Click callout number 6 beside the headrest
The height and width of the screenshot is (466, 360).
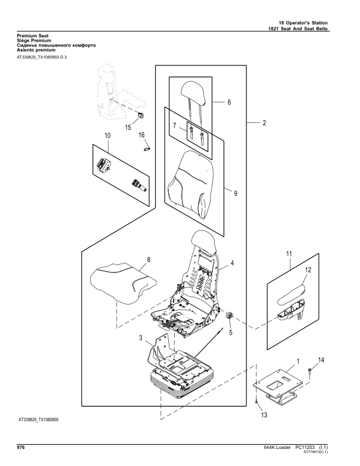229,102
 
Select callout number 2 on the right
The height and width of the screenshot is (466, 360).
264,124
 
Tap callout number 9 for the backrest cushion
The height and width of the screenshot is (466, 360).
235,194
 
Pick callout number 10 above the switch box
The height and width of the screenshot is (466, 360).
108,136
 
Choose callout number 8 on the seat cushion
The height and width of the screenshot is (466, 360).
148,259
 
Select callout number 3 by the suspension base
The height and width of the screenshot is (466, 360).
141,338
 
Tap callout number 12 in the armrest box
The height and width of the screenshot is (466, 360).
308,270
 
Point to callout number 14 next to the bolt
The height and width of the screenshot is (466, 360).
321,359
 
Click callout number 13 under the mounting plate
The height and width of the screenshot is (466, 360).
264,415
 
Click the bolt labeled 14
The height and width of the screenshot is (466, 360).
310,370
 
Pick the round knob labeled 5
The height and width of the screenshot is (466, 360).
231,317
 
